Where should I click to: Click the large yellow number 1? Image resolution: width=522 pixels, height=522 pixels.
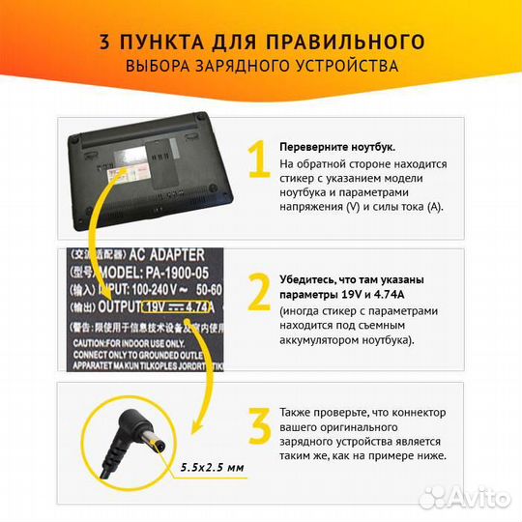(258, 161)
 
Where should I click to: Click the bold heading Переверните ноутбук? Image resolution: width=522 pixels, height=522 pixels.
(336, 146)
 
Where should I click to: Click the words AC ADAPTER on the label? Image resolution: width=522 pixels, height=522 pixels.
(168, 255)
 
